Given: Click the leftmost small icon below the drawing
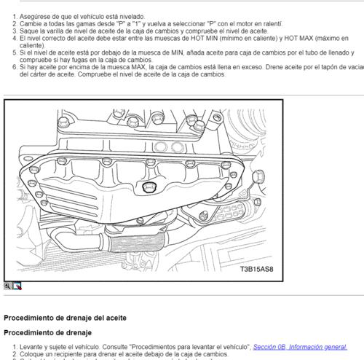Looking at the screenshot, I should pyautogui.click(x=8, y=286).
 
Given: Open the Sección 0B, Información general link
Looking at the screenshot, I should pyautogui.click(x=300, y=347).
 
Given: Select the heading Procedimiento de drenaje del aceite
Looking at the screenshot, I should pyautogui.click(x=66, y=318).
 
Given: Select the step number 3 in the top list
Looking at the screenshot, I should pyautogui.click(x=15, y=31).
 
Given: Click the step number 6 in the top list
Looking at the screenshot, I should pyautogui.click(x=15, y=67).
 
